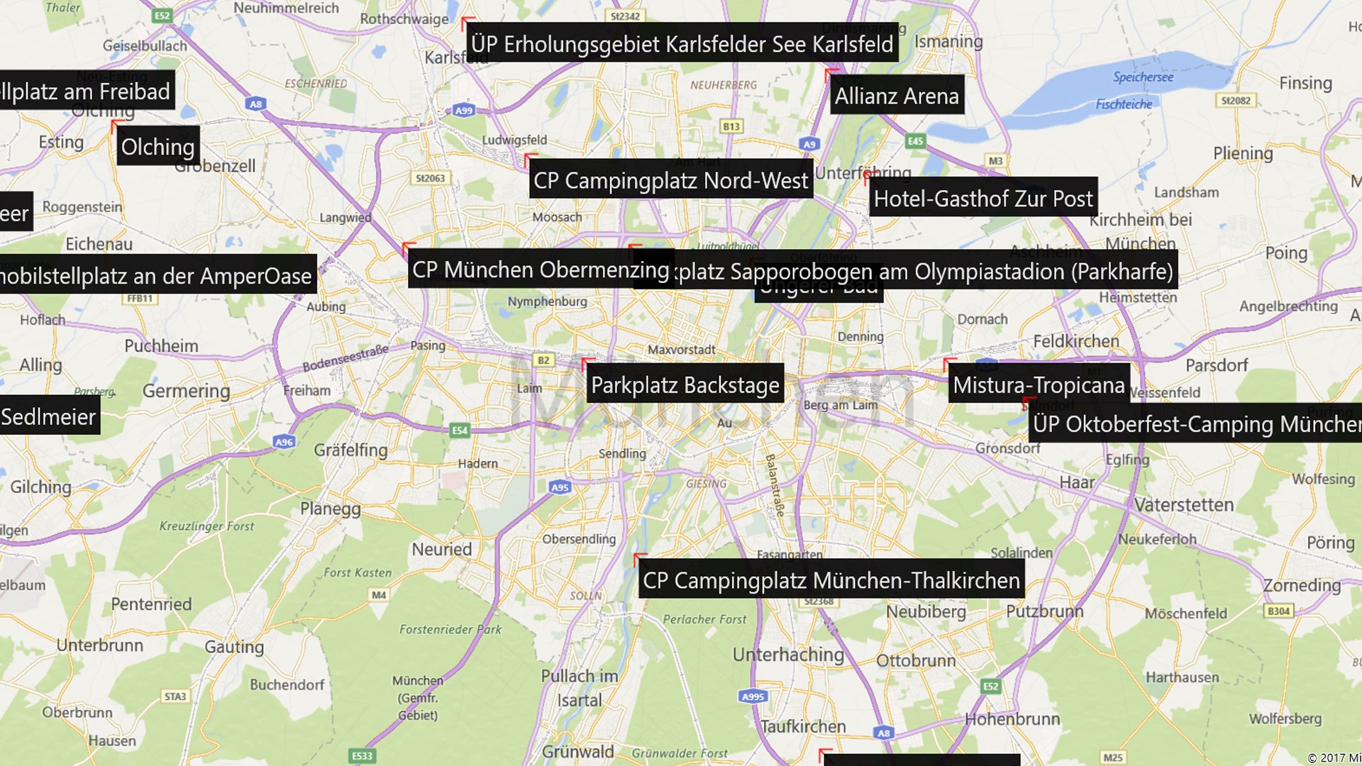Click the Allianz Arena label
(897, 96)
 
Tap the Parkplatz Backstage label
(685, 385)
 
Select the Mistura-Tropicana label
(1039, 385)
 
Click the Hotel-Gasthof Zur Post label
(982, 199)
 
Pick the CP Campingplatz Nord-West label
(670, 181)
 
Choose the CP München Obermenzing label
(541, 270)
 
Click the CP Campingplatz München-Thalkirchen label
(831, 580)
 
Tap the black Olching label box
(157, 147)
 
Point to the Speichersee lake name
(1143, 77)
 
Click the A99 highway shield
(463, 110)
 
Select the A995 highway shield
(753, 696)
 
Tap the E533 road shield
(362, 755)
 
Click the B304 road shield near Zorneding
(1278, 611)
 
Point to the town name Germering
(186, 391)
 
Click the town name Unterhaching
(788, 654)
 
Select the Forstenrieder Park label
(450, 629)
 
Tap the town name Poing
(1285, 252)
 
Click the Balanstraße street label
(774, 484)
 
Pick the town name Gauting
(234, 646)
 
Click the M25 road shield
(1112, 757)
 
